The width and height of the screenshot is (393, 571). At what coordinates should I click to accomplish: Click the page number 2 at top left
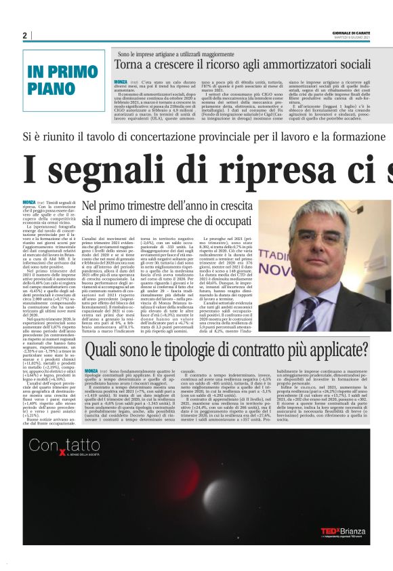[x=24, y=35]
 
